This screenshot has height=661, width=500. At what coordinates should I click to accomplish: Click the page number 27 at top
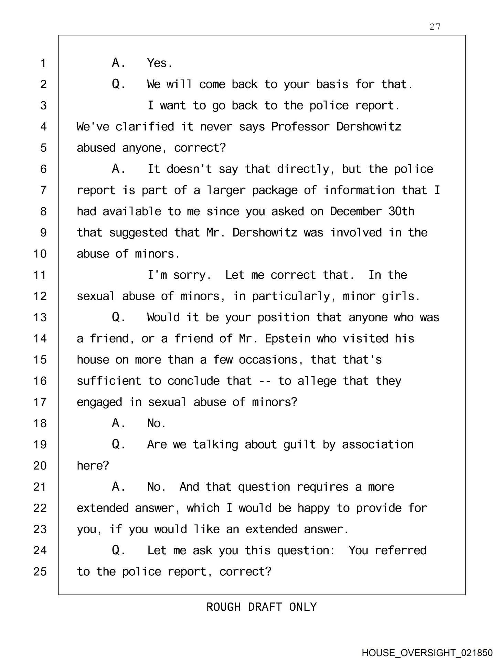[x=435, y=27]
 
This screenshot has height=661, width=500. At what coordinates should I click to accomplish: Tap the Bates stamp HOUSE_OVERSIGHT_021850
[x=427, y=653]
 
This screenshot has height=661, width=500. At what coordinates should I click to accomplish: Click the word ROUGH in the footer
[x=223, y=607]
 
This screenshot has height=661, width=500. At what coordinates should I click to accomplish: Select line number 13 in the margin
[x=40, y=317]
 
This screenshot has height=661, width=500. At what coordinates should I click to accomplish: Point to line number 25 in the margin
[x=40, y=572]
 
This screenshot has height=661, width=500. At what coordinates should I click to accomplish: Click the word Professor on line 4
[x=300, y=127]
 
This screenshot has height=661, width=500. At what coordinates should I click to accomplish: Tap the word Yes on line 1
[x=159, y=63]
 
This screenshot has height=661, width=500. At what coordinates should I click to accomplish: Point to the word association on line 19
[x=377, y=444]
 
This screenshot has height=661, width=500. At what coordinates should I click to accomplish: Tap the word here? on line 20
[x=93, y=466]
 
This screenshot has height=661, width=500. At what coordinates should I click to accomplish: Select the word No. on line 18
[x=157, y=423]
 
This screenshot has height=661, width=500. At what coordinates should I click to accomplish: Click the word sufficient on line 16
[x=109, y=381]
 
